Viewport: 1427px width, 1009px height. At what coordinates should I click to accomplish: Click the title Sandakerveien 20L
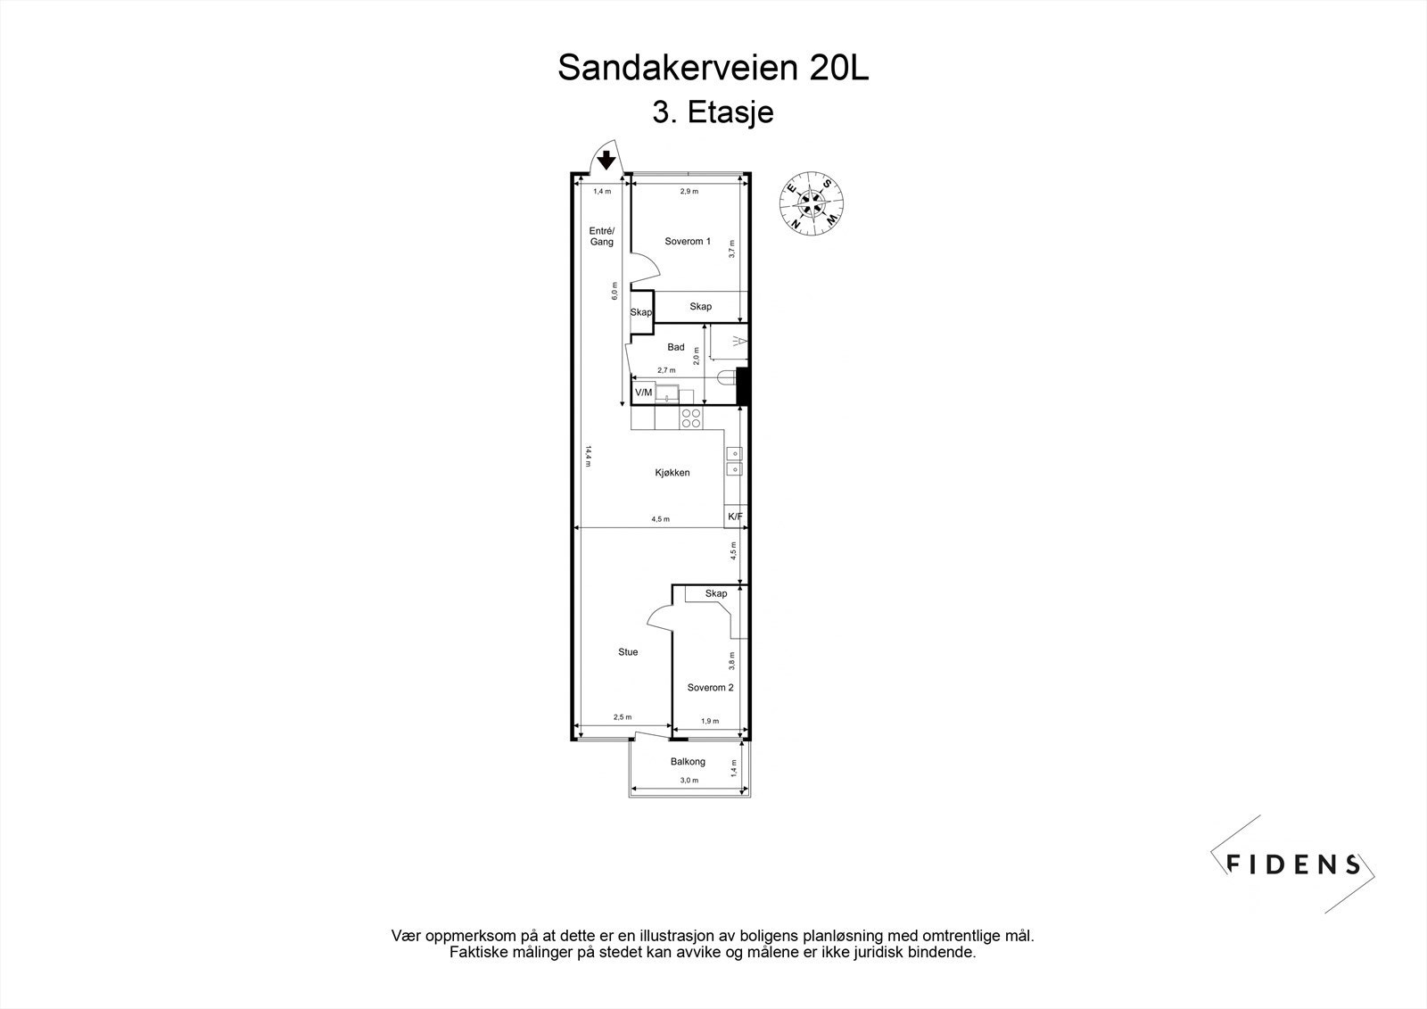[x=713, y=68]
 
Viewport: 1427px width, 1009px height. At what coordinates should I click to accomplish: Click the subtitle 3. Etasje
[x=713, y=113]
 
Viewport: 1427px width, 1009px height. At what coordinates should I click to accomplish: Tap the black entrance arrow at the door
[x=606, y=161]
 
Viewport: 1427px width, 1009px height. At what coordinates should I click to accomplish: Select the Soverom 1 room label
[x=688, y=241]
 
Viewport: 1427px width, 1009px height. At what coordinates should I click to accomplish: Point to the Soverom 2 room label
[x=710, y=688]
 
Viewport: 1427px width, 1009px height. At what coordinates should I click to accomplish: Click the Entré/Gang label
[x=601, y=236]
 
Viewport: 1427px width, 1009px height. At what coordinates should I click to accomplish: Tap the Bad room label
[x=675, y=347]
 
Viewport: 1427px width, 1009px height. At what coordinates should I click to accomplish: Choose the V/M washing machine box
[x=643, y=393]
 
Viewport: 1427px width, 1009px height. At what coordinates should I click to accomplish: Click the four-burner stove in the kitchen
[x=691, y=418]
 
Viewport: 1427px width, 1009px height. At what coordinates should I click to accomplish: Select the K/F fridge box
[x=736, y=517]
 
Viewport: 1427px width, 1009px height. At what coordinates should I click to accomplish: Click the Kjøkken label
[x=672, y=473]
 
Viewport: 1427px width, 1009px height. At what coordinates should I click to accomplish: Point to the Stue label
[x=628, y=652]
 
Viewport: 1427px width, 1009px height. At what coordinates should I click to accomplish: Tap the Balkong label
[x=688, y=762]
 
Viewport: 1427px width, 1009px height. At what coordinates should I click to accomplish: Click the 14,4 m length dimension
[x=589, y=455]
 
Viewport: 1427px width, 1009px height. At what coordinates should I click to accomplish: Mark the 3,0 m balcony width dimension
[x=689, y=781]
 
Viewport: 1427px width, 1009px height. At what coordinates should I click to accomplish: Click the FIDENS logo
[x=1292, y=864]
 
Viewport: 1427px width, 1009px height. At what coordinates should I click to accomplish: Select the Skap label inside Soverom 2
[x=715, y=594]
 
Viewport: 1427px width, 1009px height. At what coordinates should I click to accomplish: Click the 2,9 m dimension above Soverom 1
[x=689, y=192]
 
